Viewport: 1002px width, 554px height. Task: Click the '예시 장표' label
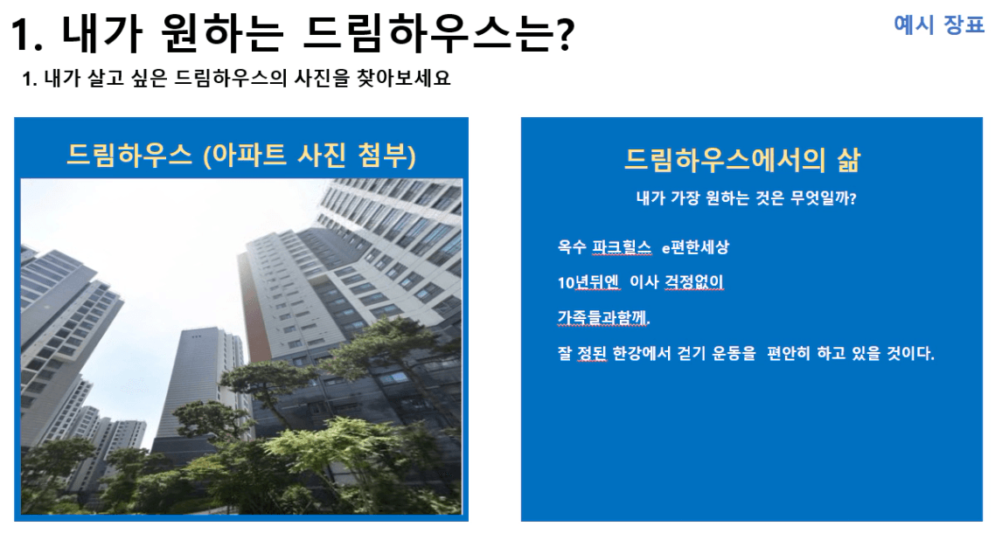[939, 25]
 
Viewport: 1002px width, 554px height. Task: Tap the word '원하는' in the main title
[222, 34]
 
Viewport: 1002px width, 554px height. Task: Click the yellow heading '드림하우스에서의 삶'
[742, 160]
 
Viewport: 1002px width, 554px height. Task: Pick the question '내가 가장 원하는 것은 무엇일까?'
[747, 198]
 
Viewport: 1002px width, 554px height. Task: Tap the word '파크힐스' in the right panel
[621, 247]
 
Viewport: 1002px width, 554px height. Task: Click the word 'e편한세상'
[695, 247]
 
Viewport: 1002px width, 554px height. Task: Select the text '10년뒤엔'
[588, 281]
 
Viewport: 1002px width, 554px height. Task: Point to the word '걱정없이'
[694, 281]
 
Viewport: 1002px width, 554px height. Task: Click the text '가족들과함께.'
[604, 317]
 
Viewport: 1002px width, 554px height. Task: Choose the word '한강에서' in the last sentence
[641, 353]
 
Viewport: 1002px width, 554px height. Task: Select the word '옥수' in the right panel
[571, 247]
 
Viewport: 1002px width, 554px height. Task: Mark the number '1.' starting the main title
[28, 35]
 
